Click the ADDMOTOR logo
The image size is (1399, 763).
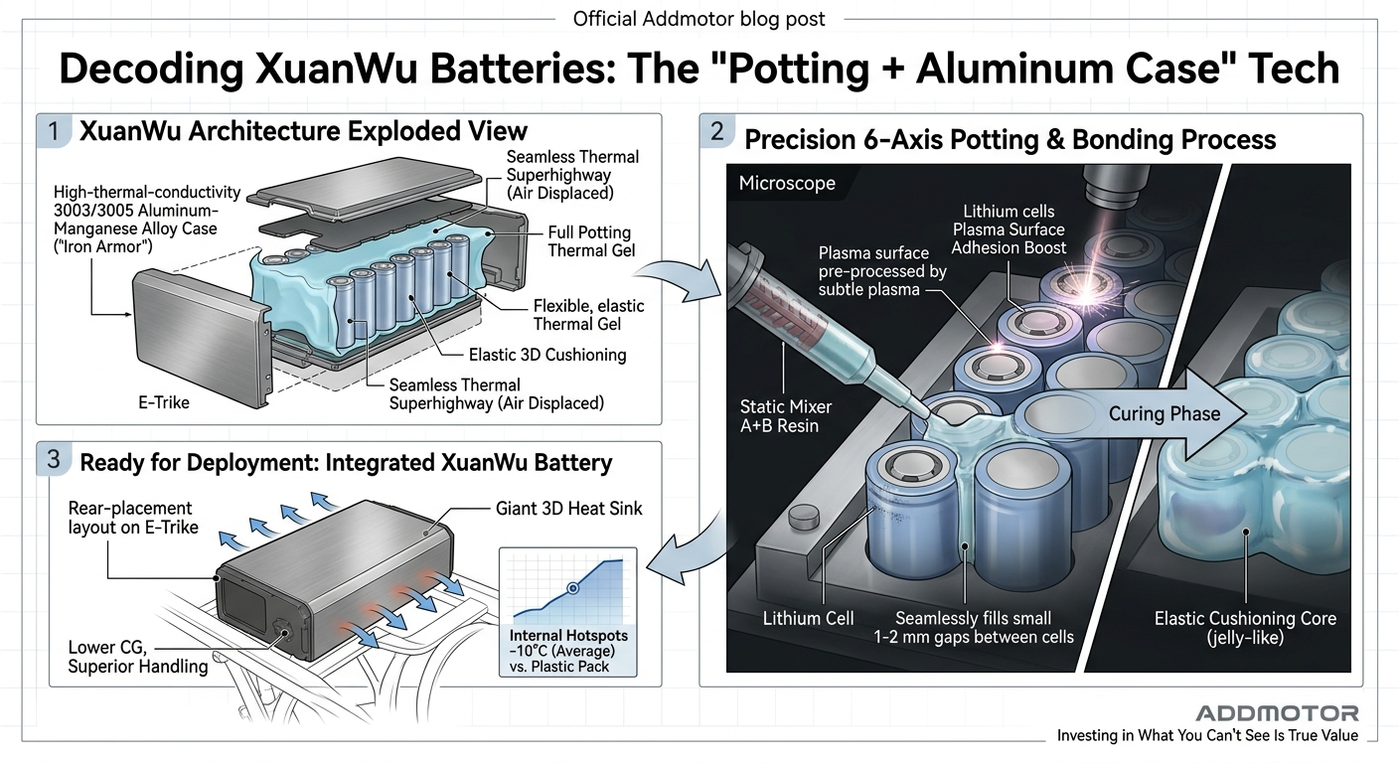coord(1277,713)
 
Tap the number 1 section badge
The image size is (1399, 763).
coord(54,131)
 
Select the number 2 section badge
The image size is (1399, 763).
coord(717,131)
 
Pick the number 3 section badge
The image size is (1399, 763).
coord(54,460)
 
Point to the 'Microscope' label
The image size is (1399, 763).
coord(787,183)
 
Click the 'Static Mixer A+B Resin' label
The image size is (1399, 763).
coord(785,416)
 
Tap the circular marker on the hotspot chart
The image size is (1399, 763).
coord(572,587)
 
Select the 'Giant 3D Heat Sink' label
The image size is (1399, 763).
coord(568,509)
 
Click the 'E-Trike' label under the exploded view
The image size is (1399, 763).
coord(164,402)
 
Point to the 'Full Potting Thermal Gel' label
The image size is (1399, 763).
coord(591,241)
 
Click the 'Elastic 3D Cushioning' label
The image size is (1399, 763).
coord(547,355)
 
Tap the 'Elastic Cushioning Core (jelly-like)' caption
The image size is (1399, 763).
coord(1245,628)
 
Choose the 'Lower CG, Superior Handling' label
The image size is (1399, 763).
coord(137,657)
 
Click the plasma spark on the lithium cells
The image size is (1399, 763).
coord(1087,292)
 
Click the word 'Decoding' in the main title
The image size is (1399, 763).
coord(151,69)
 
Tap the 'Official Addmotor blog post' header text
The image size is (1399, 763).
coord(699,19)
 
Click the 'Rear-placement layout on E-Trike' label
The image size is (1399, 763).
coord(132,518)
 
